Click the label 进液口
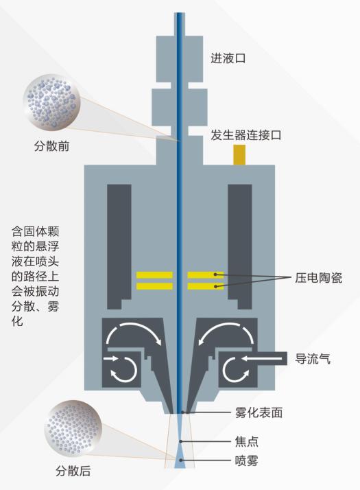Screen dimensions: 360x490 tap(228, 58)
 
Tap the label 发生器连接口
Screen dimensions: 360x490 tap(245, 135)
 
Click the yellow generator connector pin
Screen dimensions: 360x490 tap(239, 154)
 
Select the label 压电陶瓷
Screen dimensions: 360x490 tap(318, 278)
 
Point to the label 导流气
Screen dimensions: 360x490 tap(313, 359)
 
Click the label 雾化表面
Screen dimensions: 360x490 tap(259, 413)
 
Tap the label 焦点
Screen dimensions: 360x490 tap(247, 441)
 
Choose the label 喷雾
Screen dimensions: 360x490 tap(247, 460)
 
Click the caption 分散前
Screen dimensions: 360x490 tap(51, 146)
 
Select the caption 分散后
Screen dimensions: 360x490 tap(73, 471)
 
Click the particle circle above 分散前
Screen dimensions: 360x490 tap(51, 102)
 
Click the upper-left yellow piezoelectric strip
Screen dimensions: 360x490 tap(154, 275)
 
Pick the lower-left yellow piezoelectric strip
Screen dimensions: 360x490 tap(154, 286)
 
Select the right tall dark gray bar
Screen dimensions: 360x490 tap(240, 246)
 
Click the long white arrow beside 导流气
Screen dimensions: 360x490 tap(262, 358)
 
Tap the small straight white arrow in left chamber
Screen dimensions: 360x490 tap(110, 358)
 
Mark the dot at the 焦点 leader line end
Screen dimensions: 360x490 tap(180, 441)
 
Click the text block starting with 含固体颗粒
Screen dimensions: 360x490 tap(35, 277)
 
